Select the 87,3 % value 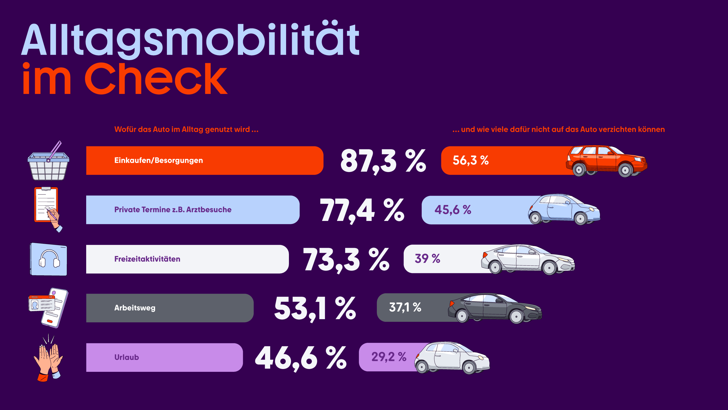[383, 161]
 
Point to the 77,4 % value [362, 210]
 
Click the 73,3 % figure [346, 260]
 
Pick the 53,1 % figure [315, 309]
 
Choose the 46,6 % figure [301, 358]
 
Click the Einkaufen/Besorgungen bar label [158, 161]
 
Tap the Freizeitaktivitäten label [147, 259]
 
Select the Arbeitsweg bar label [135, 308]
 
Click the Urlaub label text [127, 357]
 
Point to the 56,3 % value [470, 160]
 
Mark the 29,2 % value [389, 357]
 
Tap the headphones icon [49, 259]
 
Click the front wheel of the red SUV [625, 170]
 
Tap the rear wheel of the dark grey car [462, 316]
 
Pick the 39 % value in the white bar [427, 259]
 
